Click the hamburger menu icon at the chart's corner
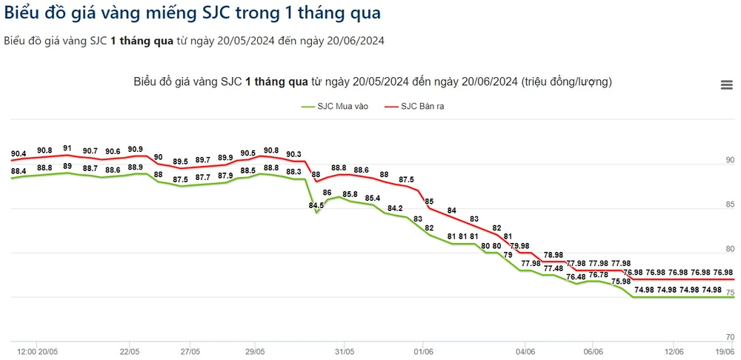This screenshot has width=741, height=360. (727, 85)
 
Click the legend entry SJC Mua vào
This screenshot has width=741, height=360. (335, 107)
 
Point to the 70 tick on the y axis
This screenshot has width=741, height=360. (729, 337)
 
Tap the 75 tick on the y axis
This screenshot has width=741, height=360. (729, 293)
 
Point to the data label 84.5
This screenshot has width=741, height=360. (316, 206)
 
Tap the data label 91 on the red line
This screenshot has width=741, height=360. (67, 149)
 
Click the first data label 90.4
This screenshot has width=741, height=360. (19, 154)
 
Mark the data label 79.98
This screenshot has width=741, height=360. (520, 246)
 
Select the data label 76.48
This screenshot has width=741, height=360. (575, 277)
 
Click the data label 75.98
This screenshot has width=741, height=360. (621, 281)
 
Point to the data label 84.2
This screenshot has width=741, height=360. (395, 208)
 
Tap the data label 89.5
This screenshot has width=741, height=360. (180, 161)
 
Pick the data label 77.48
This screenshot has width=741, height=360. (553, 268)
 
